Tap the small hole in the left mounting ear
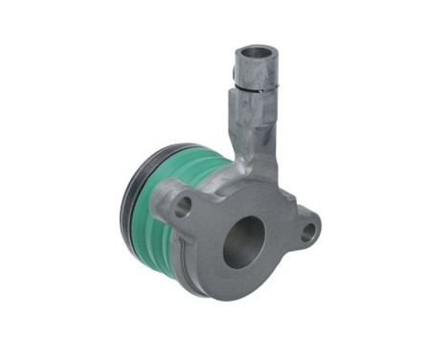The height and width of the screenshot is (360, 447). (184, 203)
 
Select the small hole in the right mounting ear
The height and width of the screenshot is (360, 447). (307, 231)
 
